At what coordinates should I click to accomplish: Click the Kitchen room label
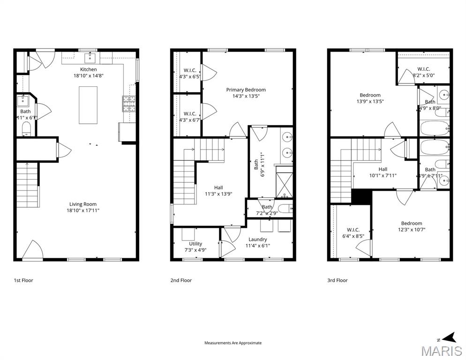tap(88, 69)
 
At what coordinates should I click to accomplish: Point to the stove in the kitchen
tap(128, 104)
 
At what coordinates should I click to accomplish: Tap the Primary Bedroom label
tap(246, 90)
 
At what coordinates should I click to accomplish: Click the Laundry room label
tap(257, 239)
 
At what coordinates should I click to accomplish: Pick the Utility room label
tap(195, 244)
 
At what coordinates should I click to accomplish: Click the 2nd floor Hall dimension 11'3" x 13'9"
tap(218, 194)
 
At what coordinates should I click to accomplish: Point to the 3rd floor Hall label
tap(383, 169)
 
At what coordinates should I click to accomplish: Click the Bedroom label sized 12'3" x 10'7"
tap(411, 223)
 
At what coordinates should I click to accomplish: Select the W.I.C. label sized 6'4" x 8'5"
tap(353, 230)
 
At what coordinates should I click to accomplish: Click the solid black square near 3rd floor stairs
tap(361, 196)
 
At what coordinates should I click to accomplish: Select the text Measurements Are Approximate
tap(233, 343)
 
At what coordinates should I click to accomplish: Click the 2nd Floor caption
tap(181, 280)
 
